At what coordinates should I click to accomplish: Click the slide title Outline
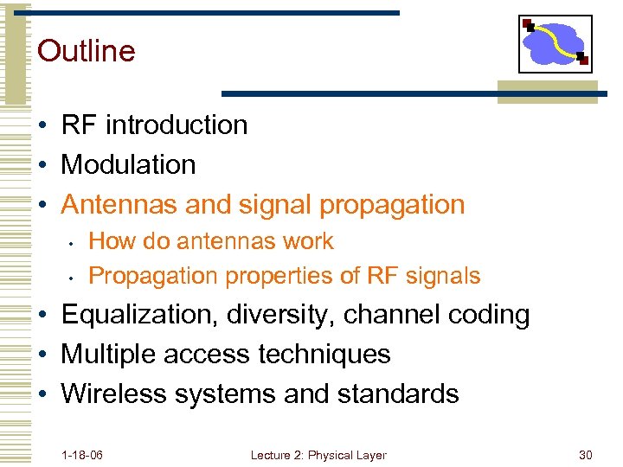pyautogui.click(x=87, y=51)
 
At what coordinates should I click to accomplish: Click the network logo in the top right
pyautogui.click(x=555, y=44)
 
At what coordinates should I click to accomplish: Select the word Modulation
pyautogui.click(x=128, y=164)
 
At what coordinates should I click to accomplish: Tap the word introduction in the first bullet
pyautogui.click(x=177, y=125)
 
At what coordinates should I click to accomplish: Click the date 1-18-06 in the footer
pyautogui.click(x=82, y=455)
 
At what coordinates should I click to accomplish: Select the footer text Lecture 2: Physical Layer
pyautogui.click(x=318, y=455)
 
